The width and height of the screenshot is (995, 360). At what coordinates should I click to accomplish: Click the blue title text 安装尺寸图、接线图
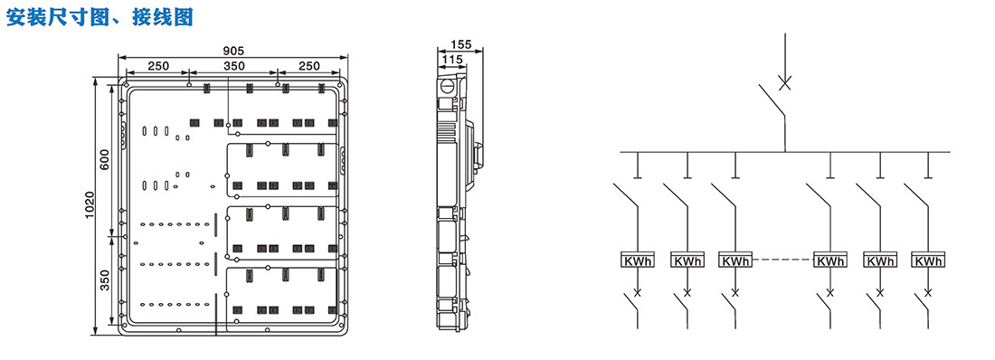[99, 17]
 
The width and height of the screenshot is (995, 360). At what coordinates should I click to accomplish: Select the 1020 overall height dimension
[90, 205]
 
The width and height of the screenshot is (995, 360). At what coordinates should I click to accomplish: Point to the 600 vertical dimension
[105, 158]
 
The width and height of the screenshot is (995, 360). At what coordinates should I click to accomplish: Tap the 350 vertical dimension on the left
[105, 279]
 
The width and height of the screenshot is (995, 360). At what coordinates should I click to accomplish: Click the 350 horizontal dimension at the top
[233, 65]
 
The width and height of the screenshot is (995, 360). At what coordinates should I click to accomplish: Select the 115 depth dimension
[451, 59]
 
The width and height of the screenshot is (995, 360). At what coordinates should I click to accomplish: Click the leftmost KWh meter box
[638, 261]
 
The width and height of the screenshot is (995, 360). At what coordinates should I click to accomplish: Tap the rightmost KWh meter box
[928, 261]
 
